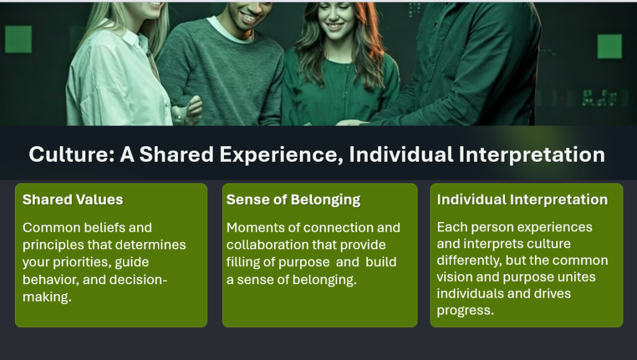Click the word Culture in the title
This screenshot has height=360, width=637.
tap(72, 155)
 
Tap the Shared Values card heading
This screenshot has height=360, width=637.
tap(73, 200)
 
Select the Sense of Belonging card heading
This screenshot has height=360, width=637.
tap(294, 200)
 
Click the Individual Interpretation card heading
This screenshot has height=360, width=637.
tap(523, 200)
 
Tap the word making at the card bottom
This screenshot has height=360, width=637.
tap(47, 297)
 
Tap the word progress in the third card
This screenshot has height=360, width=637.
tap(465, 310)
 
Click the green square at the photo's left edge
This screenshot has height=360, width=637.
tap(18, 39)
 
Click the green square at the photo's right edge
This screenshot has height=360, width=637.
tap(610, 46)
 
